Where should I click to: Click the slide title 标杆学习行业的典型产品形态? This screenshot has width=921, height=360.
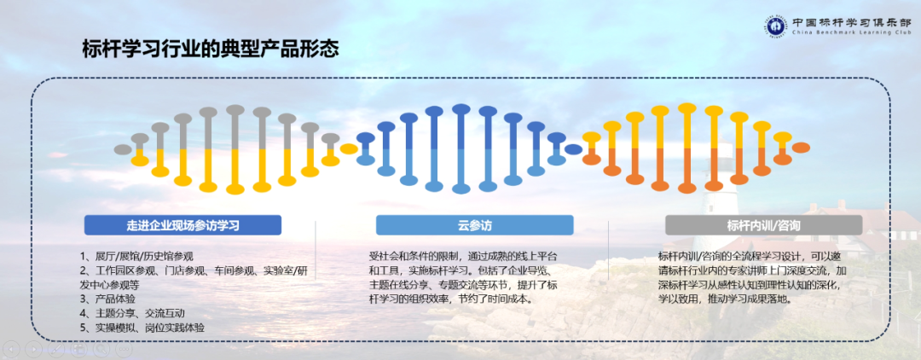click(x=210, y=49)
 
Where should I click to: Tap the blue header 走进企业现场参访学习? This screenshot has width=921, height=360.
click(x=182, y=225)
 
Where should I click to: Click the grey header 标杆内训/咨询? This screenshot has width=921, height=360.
click(x=763, y=225)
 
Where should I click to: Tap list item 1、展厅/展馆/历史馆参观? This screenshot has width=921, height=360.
click(x=137, y=255)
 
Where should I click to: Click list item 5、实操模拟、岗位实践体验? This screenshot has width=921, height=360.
click(x=142, y=328)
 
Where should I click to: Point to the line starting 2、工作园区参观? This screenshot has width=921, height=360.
click(x=191, y=270)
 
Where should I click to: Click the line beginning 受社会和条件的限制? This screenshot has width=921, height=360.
click(x=464, y=256)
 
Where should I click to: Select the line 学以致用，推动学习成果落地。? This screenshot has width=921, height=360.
click(x=726, y=299)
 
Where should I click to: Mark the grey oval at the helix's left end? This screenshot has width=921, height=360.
click(x=123, y=149)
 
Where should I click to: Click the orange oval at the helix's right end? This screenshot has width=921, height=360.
click(x=801, y=148)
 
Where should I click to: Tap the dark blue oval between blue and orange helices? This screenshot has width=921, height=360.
click(x=574, y=149)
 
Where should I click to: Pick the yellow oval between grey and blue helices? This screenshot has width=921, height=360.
click(x=349, y=149)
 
